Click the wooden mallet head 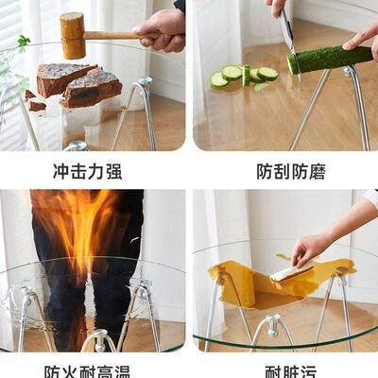[x=73, y=36]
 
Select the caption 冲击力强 [x=87, y=171]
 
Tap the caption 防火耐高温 [x=87, y=370]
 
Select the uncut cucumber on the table [x=331, y=59]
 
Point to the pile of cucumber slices [x=243, y=76]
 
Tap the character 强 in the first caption [x=112, y=171]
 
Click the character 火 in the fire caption [x=70, y=370]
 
